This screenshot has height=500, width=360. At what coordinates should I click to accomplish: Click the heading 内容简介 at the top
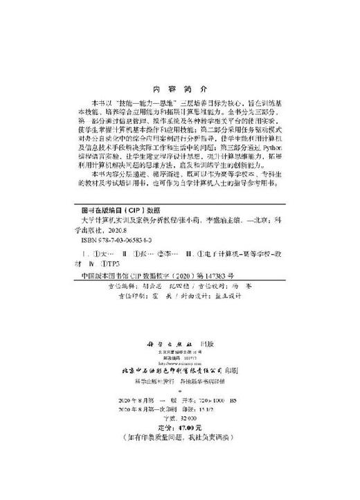click(179, 89)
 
